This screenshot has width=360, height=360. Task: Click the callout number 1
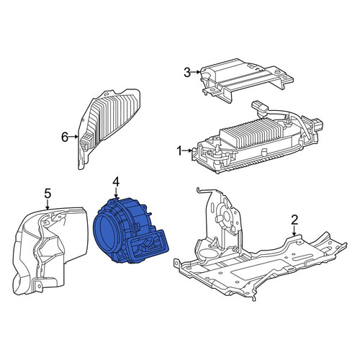[x=179, y=151]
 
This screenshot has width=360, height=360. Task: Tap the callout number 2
[x=294, y=220]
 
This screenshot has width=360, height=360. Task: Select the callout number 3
[x=187, y=72]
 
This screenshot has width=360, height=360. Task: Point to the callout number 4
[x=116, y=183]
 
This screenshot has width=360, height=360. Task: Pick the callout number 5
[x=48, y=193]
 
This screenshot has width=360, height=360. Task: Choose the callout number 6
[x=65, y=138]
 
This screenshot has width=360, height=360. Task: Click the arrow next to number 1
[x=188, y=150]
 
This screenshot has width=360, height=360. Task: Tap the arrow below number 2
[x=294, y=231]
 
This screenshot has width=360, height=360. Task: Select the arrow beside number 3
[x=196, y=72]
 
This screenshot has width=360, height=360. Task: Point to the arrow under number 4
[x=116, y=194]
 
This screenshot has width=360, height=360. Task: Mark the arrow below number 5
[x=48, y=204]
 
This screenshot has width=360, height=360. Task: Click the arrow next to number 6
[x=73, y=137]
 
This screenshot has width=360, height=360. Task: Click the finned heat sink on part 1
[x=250, y=132]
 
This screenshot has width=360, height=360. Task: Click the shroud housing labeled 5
[x=49, y=251]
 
